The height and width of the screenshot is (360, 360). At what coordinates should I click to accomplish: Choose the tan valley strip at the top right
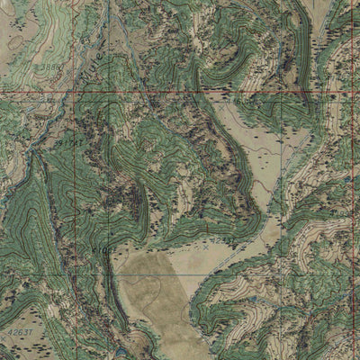(x=346, y=36)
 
